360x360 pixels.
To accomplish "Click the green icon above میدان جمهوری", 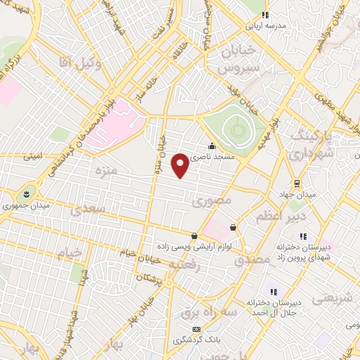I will click(x=26, y=192).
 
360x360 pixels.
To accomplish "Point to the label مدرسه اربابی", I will click(x=264, y=23).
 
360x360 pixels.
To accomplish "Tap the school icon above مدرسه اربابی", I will click(x=264, y=13).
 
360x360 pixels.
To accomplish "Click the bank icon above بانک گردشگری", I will click(x=196, y=329).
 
